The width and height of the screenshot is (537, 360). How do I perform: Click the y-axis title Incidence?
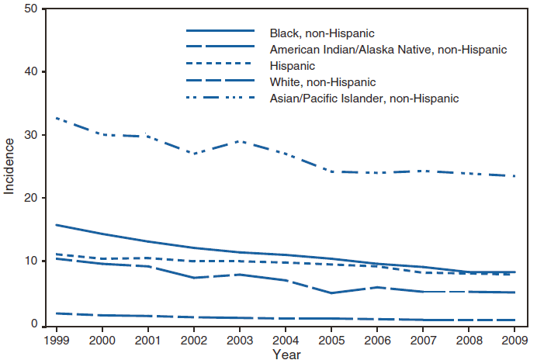click(x=9, y=166)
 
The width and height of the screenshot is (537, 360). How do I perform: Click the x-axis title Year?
click(x=282, y=353)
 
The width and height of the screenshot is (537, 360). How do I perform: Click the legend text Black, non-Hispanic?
click(x=322, y=33)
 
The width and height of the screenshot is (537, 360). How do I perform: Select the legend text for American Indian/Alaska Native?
click(x=388, y=50)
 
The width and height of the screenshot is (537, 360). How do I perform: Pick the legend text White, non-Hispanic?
click(x=322, y=82)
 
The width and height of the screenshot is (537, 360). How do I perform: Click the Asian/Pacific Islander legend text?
click(x=365, y=99)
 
